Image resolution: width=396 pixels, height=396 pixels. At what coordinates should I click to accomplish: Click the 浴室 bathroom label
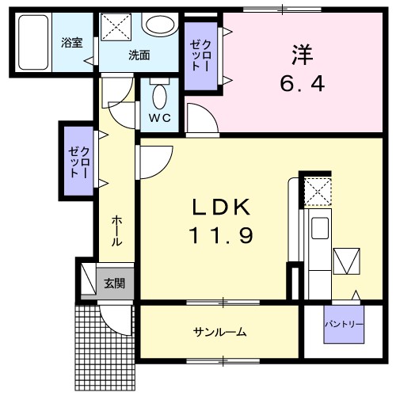click(x=72, y=44)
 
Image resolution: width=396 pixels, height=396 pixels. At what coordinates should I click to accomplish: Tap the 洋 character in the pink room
click(x=301, y=55)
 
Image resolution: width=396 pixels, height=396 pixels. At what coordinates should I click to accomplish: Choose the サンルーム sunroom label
click(x=219, y=332)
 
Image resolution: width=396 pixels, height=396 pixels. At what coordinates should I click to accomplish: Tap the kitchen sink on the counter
click(x=321, y=228)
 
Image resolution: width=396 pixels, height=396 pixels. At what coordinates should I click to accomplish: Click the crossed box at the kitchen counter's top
click(x=317, y=190)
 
